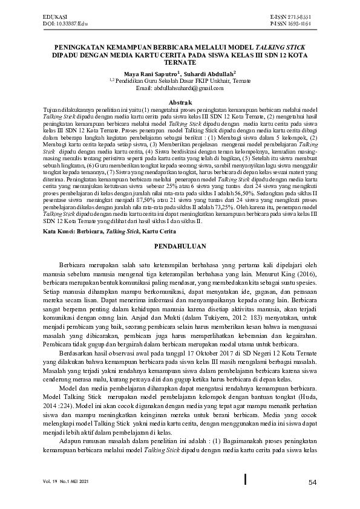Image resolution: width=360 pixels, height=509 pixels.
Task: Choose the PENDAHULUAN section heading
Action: [180, 247]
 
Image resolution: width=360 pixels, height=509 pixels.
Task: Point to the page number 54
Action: [312, 482]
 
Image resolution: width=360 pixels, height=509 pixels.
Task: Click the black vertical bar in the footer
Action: [244, 479]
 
